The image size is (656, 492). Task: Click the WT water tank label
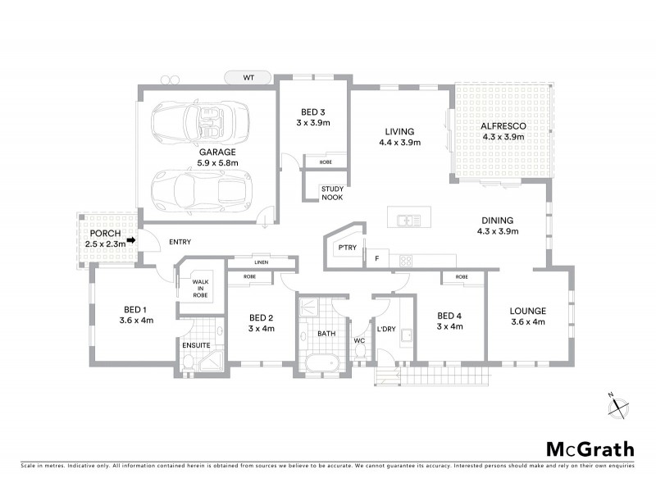(x=248, y=78)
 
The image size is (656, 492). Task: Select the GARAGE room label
(x=217, y=152)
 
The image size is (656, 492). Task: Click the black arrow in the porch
(x=131, y=241)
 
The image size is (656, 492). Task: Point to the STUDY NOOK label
(x=332, y=194)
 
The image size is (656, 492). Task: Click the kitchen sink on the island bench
(x=408, y=220)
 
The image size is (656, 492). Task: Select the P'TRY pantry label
(x=344, y=245)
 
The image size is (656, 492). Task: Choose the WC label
(x=358, y=339)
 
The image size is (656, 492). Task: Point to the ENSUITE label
(x=195, y=345)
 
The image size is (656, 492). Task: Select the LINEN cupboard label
(x=262, y=262)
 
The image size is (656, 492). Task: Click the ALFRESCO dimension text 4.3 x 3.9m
(x=503, y=137)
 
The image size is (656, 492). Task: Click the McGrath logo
(x=590, y=449)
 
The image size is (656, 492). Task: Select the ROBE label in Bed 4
(x=462, y=278)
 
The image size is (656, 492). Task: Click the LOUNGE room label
(x=527, y=311)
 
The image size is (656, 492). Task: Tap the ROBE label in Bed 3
(x=326, y=162)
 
